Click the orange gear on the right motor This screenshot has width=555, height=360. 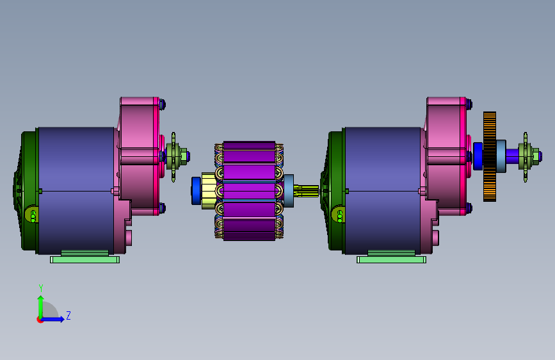(490, 156)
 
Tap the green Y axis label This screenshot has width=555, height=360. (41, 288)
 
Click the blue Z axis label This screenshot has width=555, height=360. (68, 315)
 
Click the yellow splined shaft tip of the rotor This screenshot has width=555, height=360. (306, 191)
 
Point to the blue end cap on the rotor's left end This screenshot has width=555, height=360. (196, 191)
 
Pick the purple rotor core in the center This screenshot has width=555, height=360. (249, 191)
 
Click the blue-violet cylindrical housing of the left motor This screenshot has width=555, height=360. (76, 191)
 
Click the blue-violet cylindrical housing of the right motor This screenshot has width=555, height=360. (383, 191)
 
